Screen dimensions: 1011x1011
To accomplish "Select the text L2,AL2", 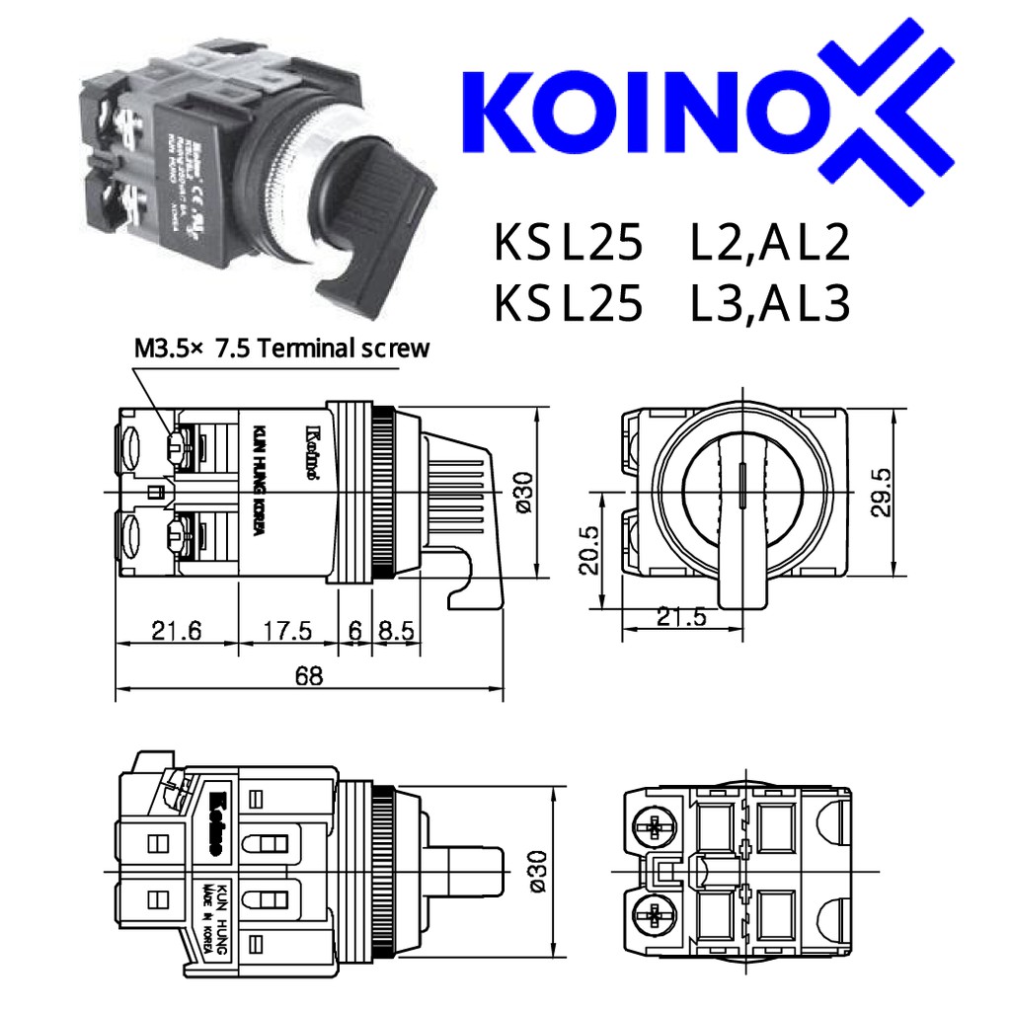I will [770, 244].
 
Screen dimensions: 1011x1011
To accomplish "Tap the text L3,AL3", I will [770, 303].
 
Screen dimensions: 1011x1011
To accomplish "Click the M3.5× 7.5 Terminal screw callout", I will [281, 348].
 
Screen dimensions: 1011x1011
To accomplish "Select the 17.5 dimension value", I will [287, 630].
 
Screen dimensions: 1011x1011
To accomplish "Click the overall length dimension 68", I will [308, 676].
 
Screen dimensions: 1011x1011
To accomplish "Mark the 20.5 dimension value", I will [590, 550].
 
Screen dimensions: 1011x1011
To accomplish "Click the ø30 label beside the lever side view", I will [523, 492].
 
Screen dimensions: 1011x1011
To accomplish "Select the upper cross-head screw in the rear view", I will [655, 826].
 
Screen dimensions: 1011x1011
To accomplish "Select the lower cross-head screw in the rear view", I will [655, 914].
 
